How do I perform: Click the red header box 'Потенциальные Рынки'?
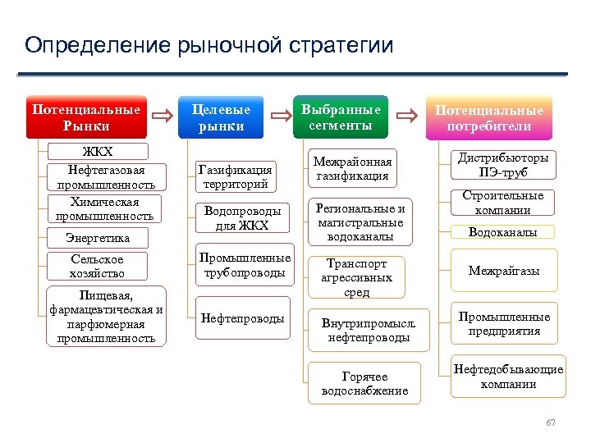tap(86, 117)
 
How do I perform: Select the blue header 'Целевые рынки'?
tap(221, 117)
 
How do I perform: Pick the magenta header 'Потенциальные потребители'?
tap(488, 118)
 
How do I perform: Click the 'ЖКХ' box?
tap(98, 152)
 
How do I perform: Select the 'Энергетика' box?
tap(98, 238)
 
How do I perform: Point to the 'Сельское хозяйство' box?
tap(98, 266)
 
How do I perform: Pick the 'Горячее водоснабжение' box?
tap(364, 383)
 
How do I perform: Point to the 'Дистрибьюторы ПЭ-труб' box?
tap(503, 165)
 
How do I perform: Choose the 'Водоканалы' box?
tap(503, 232)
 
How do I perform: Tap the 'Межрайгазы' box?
tap(503, 270)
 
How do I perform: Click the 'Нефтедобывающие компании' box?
tap(508, 377)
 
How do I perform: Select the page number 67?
tap(551, 422)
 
